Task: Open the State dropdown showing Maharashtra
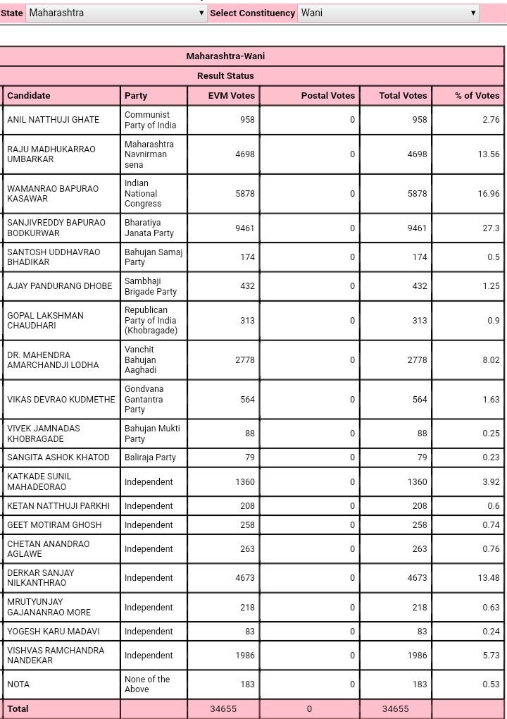[116, 13]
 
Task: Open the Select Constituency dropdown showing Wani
[388, 13]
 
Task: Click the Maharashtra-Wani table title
[225, 56]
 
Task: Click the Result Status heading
[225, 75]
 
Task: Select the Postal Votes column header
[327, 95]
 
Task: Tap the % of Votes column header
[477, 95]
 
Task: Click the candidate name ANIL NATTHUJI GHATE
[53, 120]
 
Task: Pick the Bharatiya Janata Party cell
[149, 228]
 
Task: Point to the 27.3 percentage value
[491, 228]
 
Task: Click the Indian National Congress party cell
[143, 193]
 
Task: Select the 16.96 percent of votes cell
[489, 194]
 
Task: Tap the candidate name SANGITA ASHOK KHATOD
[58, 457]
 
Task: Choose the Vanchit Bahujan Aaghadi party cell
[140, 359]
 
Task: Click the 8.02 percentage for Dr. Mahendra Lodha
[491, 360]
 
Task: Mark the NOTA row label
[18, 684]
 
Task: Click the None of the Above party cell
[146, 684]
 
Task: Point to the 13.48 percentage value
[489, 578]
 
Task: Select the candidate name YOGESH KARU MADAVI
[53, 632]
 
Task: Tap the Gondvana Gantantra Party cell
[144, 399]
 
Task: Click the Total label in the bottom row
[18, 708]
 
